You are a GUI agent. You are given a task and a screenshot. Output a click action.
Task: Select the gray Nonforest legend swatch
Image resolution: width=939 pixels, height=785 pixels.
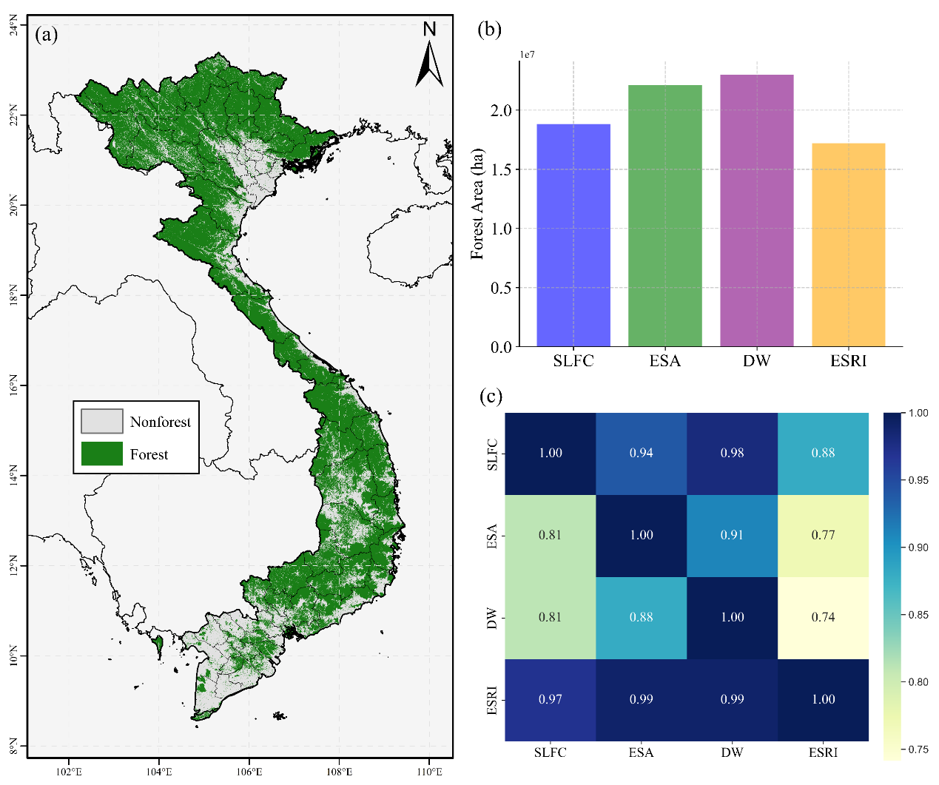pos(101,420)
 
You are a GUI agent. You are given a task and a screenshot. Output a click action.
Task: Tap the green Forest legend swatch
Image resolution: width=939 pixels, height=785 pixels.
pos(101,453)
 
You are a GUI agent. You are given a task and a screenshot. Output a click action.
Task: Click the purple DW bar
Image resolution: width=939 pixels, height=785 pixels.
pos(756,210)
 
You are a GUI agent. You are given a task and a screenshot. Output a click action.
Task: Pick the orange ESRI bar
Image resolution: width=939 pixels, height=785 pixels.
pos(848,245)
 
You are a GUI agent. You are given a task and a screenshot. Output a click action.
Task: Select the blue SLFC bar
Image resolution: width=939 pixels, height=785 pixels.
pos(573,235)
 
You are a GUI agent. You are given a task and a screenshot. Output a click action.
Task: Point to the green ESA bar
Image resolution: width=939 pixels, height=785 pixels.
pos(664,215)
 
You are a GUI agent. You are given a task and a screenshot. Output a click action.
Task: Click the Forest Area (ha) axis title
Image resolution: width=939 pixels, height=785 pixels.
pos(477,203)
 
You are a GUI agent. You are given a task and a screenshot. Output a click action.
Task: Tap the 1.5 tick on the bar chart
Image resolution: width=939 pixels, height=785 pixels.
pos(501,169)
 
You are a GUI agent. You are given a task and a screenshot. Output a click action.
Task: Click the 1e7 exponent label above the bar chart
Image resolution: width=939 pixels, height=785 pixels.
pos(527,55)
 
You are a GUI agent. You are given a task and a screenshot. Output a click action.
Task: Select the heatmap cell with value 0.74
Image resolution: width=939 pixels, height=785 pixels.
pos(823,617)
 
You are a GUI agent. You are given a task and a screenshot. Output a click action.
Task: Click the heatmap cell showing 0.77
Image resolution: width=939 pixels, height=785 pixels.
pos(823,536)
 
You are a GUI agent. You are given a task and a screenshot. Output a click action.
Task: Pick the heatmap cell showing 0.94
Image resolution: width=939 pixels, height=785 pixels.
pos(642,454)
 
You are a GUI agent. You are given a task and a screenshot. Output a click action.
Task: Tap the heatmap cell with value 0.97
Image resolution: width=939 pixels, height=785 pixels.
pos(550,699)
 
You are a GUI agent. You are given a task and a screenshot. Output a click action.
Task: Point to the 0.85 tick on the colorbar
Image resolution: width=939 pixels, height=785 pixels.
pos(918,615)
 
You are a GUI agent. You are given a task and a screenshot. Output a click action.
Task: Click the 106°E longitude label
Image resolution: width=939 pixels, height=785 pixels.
pos(249,772)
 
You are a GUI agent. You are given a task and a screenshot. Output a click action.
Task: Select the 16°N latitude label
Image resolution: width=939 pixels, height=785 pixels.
pos(14,385)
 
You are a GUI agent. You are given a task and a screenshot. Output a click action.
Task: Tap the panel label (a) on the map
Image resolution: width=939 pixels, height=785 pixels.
pos(47,35)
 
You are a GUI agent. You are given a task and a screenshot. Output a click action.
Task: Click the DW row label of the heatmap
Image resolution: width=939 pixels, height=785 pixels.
pos(492,619)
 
